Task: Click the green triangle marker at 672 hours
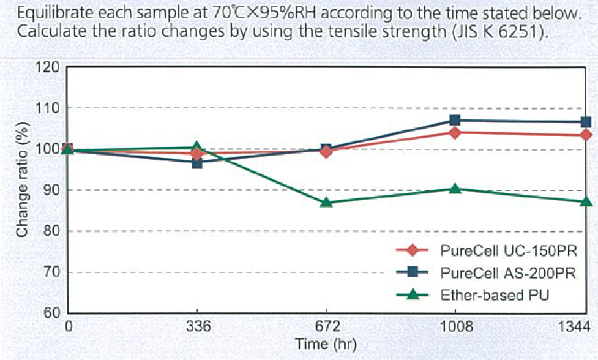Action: [326, 202]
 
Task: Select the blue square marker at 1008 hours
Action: [455, 121]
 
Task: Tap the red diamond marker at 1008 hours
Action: [455, 132]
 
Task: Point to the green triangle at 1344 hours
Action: [585, 201]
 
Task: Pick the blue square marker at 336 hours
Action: [196, 163]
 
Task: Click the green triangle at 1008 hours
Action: [455, 189]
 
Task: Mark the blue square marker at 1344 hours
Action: [585, 122]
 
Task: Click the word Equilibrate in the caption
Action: [50, 13]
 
